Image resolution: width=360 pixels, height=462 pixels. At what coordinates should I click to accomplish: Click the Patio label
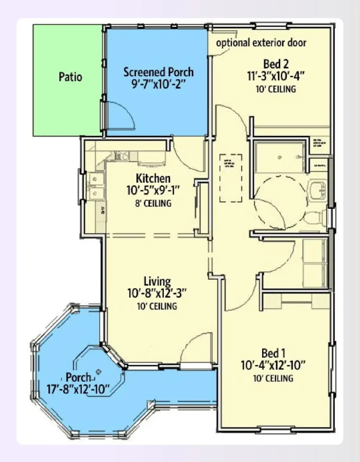pos(70,77)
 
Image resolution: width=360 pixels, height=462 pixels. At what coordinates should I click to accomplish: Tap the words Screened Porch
pos(158,72)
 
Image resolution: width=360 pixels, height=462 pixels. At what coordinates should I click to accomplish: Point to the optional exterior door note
pos(261,43)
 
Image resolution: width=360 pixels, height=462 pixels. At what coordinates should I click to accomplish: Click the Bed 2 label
pos(276,64)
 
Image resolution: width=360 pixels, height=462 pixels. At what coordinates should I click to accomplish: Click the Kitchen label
pos(153,178)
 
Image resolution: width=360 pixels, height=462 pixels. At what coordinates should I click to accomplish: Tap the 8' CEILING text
pos(153,203)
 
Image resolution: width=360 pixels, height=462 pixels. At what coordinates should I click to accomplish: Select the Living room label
pos(157,282)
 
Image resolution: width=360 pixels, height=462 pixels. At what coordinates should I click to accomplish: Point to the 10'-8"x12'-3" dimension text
pos(157,294)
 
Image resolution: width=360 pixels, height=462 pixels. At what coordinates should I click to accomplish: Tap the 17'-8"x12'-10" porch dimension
pos(78,388)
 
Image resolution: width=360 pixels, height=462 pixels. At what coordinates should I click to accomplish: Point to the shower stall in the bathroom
pos(280,157)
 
